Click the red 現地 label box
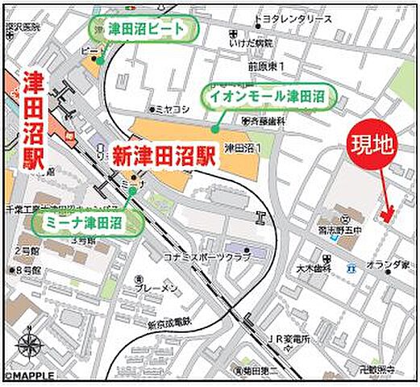click(372, 145)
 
